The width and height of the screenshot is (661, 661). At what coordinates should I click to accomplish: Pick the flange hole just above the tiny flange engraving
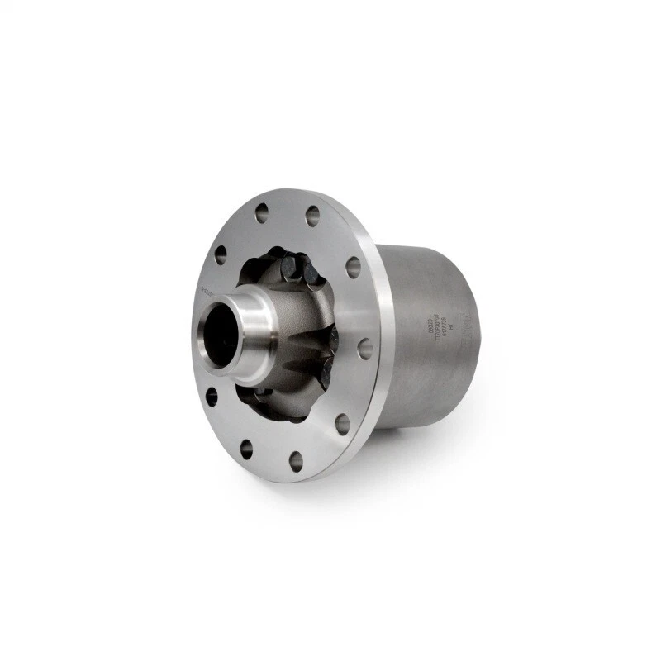[x=220, y=254]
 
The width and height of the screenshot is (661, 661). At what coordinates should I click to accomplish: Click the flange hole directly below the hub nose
[x=212, y=397]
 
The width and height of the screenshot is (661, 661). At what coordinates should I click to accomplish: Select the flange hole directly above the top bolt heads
[x=312, y=216]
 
